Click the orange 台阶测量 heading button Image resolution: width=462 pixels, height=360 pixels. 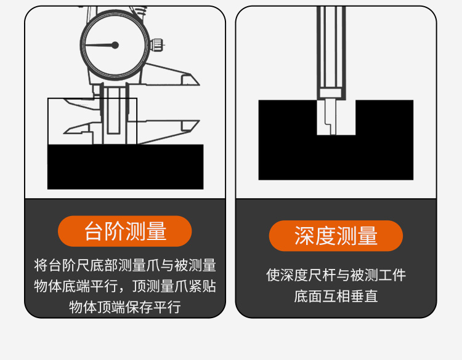(x=125, y=231)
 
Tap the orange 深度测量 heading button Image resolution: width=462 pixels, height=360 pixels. (x=336, y=236)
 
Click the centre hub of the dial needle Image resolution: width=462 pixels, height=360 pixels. (x=115, y=45)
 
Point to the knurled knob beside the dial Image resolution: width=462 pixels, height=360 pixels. (x=156, y=45)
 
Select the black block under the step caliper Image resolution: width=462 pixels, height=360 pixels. (x=126, y=167)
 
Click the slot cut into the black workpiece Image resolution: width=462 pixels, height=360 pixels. (x=336, y=118)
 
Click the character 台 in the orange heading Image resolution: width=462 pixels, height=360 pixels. (x=94, y=231)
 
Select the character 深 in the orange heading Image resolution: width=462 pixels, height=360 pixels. (x=305, y=236)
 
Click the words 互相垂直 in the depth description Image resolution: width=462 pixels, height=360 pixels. (x=350, y=296)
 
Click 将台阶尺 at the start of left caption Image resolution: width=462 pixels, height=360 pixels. (x=62, y=265)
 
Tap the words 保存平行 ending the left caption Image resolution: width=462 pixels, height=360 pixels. (x=153, y=307)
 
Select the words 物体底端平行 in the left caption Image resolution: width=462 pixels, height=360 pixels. (x=76, y=286)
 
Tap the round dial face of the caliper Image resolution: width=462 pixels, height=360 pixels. (x=114, y=45)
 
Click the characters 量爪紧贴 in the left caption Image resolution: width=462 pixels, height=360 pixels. (x=188, y=286)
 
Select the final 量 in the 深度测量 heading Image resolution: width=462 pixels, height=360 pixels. (x=367, y=236)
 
